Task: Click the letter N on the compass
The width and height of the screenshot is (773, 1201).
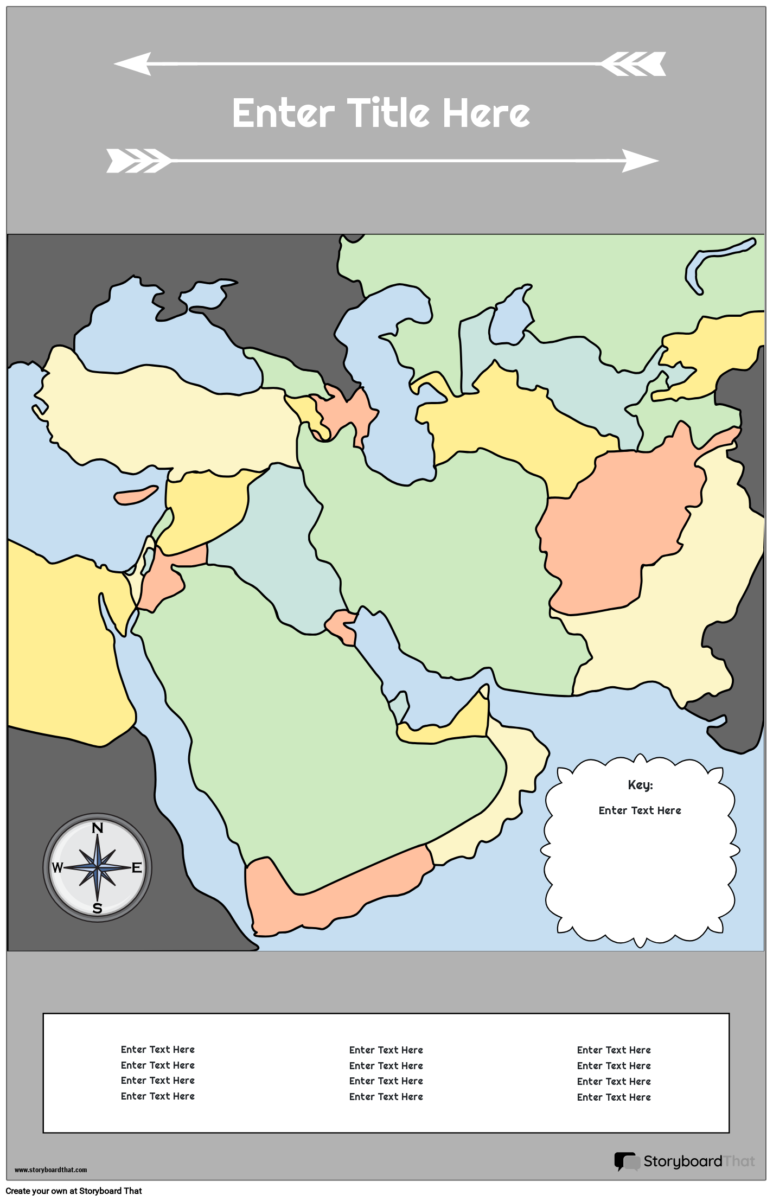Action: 98,828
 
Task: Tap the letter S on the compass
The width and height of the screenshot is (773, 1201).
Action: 98,909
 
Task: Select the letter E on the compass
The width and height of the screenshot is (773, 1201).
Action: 137,867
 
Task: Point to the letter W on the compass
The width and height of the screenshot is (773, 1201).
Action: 58,868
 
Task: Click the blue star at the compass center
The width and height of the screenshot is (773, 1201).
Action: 98,868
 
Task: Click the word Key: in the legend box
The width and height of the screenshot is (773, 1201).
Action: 640,785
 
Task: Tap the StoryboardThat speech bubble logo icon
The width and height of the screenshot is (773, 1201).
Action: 627,1161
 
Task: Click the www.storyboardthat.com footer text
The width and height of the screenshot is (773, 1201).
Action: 50,1170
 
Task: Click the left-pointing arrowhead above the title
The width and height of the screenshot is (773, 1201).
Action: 133,63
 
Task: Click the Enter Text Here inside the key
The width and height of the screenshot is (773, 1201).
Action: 640,810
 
